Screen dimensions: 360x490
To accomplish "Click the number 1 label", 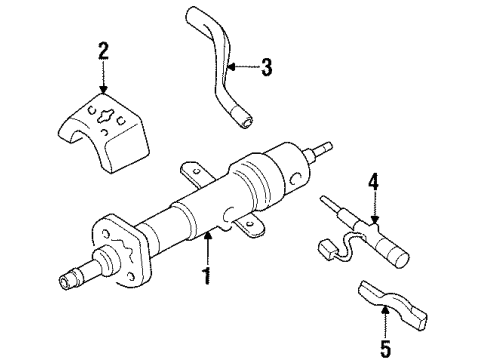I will (207, 273).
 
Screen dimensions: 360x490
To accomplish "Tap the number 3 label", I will (266, 68).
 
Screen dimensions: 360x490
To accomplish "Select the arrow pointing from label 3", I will (240, 68).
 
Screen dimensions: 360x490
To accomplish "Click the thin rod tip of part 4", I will (330, 205).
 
